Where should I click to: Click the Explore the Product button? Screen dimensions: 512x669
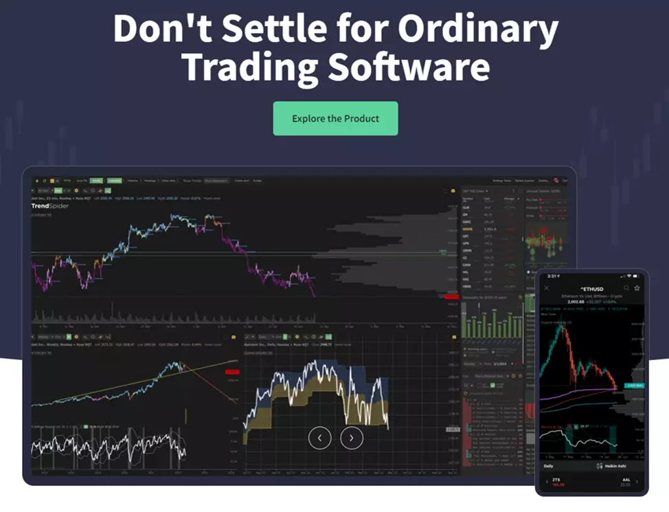tap(335, 118)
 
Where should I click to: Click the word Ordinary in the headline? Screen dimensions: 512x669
tap(479, 29)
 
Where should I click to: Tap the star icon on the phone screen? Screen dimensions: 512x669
tap(637, 287)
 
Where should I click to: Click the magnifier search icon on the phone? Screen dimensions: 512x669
tap(626, 287)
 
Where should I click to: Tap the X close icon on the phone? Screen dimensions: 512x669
tap(547, 287)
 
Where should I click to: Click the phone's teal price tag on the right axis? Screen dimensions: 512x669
tap(634, 386)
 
